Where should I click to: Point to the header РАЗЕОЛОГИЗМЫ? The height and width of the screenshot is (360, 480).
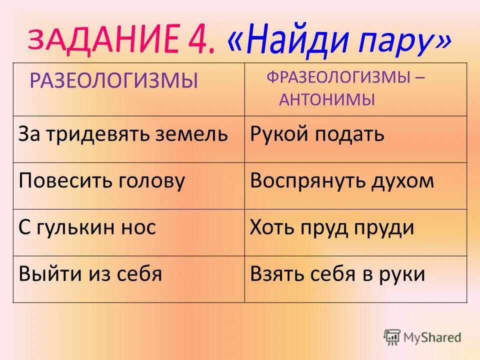point(113,80)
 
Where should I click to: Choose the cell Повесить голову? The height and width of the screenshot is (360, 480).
point(102,180)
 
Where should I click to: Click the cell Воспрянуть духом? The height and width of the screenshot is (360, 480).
point(342,180)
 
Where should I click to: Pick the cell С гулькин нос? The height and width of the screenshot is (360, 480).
point(87,227)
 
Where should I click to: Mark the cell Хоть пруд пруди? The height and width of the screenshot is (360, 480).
point(332,227)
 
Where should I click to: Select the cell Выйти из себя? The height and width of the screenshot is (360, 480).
point(90,273)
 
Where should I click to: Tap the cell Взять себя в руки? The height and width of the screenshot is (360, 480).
point(337,273)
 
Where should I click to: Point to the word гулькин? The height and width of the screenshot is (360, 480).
point(77,228)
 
